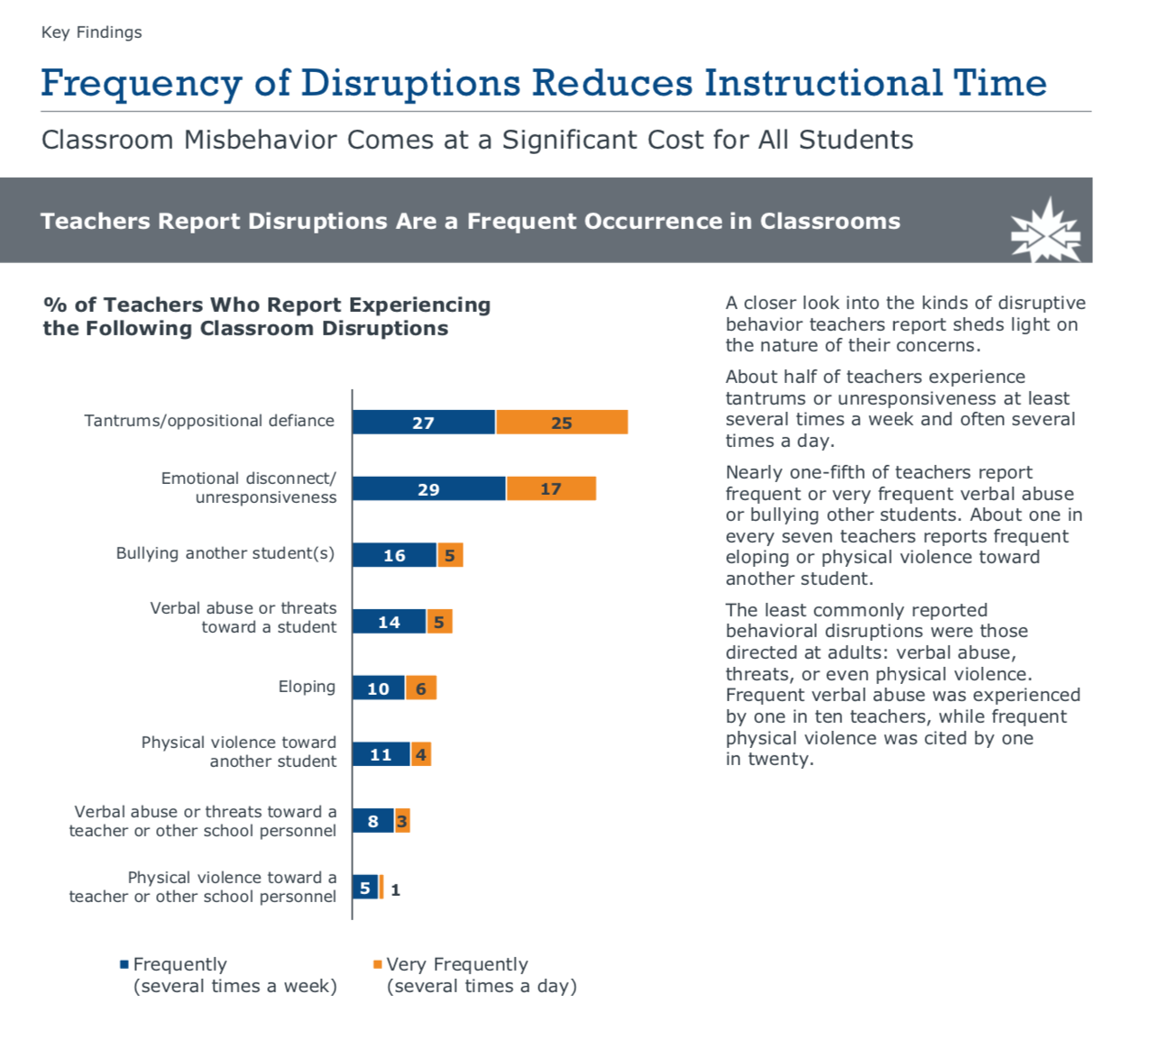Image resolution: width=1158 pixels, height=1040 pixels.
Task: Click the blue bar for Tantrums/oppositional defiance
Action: (423, 422)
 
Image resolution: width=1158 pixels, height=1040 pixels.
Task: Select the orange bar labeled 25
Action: (561, 422)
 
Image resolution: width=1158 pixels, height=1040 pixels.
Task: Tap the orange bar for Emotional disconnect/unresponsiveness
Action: (550, 488)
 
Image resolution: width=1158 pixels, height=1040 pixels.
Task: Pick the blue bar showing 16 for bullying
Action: (394, 555)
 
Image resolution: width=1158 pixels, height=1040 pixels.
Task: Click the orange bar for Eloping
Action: (420, 689)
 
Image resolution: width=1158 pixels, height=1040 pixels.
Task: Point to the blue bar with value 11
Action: (381, 754)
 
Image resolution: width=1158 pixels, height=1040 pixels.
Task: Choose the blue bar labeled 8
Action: (372, 821)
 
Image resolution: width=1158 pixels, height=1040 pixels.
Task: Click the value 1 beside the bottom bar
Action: (395, 889)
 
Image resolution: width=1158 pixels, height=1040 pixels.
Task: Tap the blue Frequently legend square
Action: (124, 964)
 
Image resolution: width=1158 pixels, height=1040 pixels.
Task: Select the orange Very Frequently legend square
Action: (378, 964)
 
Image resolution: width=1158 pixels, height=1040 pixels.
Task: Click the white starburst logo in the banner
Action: (1045, 231)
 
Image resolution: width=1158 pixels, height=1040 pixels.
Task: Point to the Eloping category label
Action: (307, 687)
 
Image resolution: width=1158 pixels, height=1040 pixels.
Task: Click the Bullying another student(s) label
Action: (225, 553)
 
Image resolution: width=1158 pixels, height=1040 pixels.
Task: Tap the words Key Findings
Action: (91, 32)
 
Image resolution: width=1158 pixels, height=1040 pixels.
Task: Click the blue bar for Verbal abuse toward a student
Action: (389, 622)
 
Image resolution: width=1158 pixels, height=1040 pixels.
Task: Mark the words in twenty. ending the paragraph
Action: (769, 759)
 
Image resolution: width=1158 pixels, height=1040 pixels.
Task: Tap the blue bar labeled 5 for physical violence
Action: (364, 888)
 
